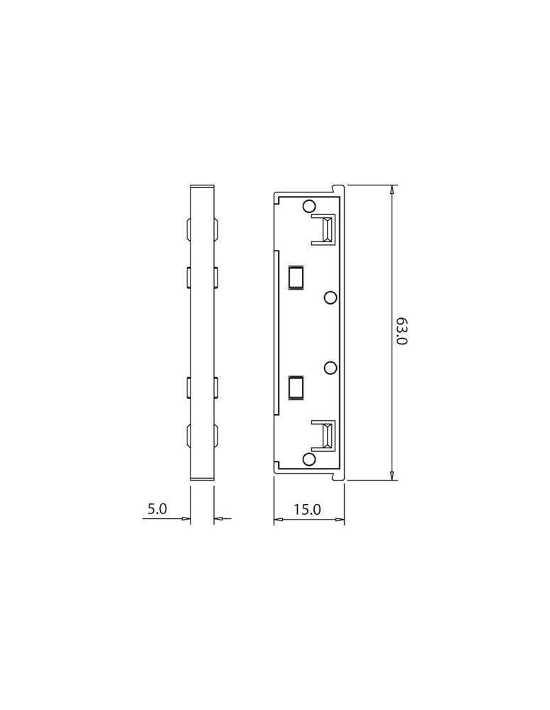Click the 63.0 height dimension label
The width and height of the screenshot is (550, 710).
click(401, 332)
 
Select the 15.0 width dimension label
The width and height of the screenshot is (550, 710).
click(307, 509)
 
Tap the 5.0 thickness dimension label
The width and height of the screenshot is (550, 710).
click(156, 509)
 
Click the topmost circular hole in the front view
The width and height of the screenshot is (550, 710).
click(309, 207)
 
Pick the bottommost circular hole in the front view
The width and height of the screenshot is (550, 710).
click(309, 459)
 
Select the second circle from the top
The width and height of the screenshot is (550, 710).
click(330, 298)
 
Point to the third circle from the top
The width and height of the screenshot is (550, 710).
click(330, 367)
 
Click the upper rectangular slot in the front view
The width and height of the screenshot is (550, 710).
click(296, 278)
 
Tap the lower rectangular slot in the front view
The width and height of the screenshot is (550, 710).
click(296, 388)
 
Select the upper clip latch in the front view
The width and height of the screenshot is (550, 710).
click(326, 229)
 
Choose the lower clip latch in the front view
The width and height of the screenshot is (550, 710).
click(326, 436)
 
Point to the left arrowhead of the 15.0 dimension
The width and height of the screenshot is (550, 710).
click(279, 520)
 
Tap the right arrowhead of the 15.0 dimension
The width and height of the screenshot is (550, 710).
click(340, 520)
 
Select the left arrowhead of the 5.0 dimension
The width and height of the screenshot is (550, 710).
click(187, 520)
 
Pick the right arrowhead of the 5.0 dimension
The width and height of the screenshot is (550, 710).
click(218, 520)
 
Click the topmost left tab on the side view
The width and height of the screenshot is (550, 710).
click(188, 230)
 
